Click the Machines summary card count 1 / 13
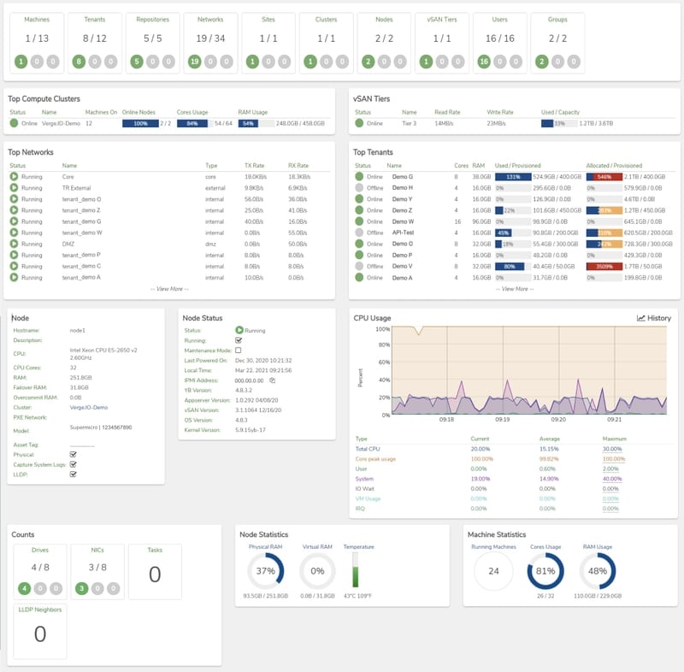pyautogui.click(x=37, y=38)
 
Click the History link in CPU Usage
pyautogui.click(x=654, y=318)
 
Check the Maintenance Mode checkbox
pyautogui.click(x=239, y=351)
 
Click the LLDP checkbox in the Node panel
pyautogui.click(x=74, y=474)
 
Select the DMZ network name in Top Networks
pyautogui.click(x=68, y=244)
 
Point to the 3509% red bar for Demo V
pyautogui.click(x=598, y=266)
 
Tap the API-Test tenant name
pyautogui.click(x=403, y=232)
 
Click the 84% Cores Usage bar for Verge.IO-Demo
pyautogui.click(x=192, y=123)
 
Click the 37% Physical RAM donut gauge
pyautogui.click(x=265, y=571)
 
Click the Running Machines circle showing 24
pyautogui.click(x=493, y=571)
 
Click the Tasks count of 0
pyautogui.click(x=155, y=575)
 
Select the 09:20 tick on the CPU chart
pyautogui.click(x=558, y=420)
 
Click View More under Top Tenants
pyautogui.click(x=513, y=289)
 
